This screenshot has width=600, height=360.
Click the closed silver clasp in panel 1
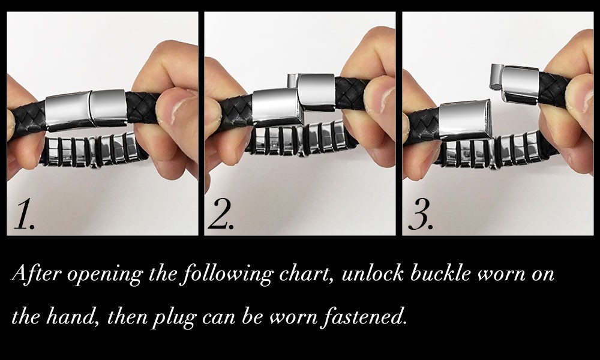86,109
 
